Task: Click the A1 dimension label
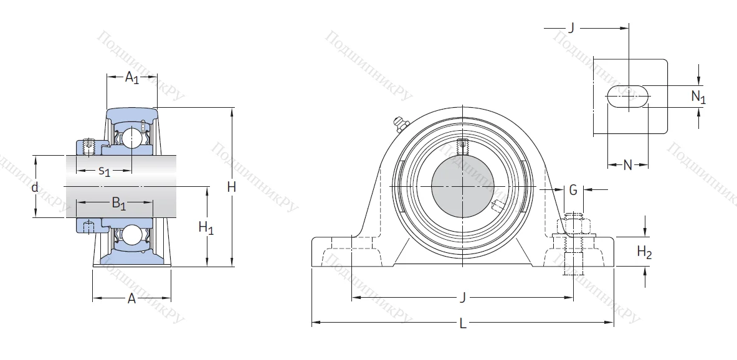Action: pos(131,78)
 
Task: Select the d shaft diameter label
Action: pos(36,187)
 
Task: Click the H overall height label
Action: pos(231,187)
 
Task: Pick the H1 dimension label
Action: pos(206,228)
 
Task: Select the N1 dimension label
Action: pos(698,97)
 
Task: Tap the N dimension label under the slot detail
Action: pos(627,165)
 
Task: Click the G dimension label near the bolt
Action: pos(573,189)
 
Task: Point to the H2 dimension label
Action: pos(644,252)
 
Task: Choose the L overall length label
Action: pos(463,323)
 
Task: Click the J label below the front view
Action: pos(462,298)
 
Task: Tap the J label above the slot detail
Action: pos(570,27)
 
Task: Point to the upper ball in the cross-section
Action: pos(131,138)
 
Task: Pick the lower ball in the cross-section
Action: pos(131,235)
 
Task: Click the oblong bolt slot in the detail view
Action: pos(628,97)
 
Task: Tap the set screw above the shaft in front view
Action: pos(463,148)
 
